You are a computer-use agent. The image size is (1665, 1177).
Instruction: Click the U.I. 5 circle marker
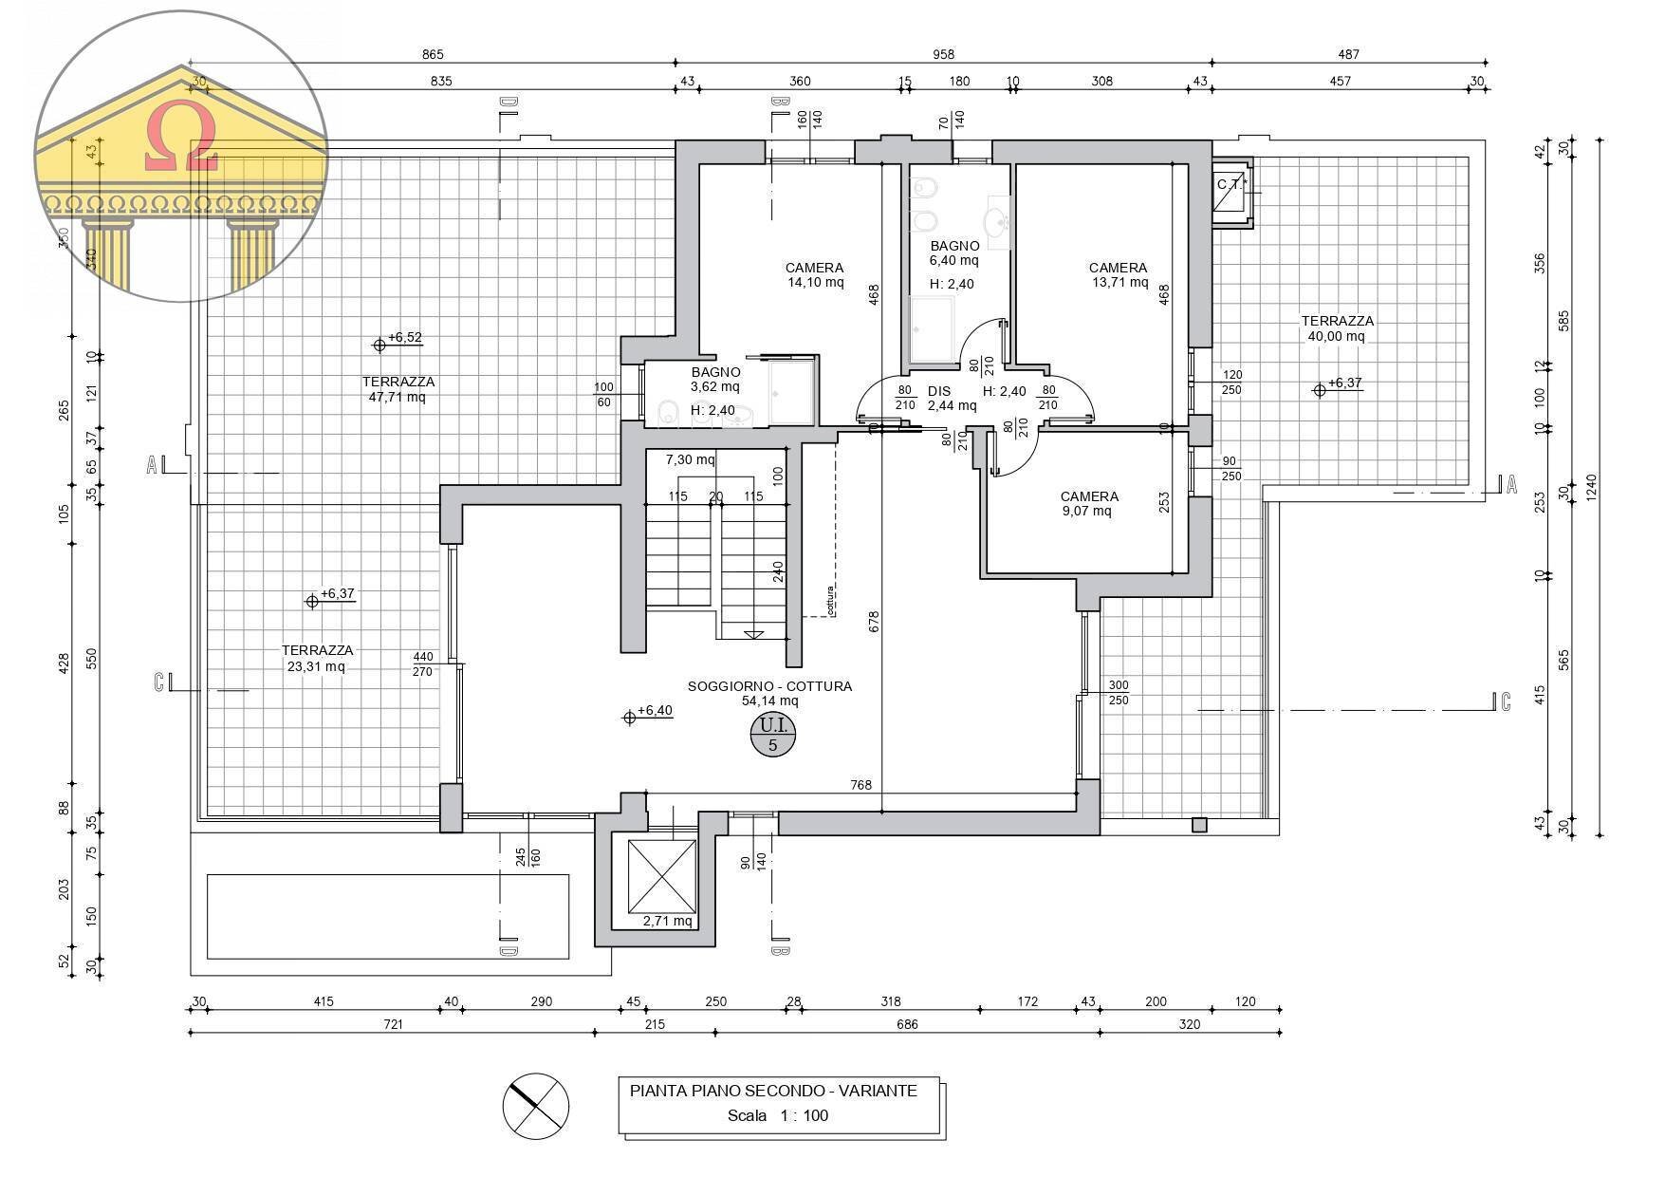tap(773, 737)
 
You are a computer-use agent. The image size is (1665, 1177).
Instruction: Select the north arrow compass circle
tap(536, 1106)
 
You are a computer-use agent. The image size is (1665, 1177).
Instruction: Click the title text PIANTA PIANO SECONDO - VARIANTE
tap(773, 1091)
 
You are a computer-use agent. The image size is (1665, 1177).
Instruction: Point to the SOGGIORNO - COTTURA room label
tap(769, 686)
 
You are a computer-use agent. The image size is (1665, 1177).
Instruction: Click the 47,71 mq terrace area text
tap(398, 397)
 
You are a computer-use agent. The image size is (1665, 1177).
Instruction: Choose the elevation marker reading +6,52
tap(398, 339)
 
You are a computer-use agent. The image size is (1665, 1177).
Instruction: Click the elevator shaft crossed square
tap(662, 876)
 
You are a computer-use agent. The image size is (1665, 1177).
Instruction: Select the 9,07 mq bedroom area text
tap(1088, 511)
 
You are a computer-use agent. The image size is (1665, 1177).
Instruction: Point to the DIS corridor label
tap(939, 391)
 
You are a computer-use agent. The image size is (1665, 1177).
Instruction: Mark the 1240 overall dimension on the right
tap(1592, 489)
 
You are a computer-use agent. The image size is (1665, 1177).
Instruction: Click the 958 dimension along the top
tap(943, 55)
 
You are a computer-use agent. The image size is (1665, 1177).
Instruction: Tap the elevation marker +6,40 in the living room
tap(650, 713)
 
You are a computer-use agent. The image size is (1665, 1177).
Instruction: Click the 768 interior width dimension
tap(860, 785)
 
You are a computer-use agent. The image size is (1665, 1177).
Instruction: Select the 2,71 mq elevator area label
tap(668, 921)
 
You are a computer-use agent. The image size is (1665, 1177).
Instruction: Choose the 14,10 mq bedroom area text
tap(815, 282)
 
